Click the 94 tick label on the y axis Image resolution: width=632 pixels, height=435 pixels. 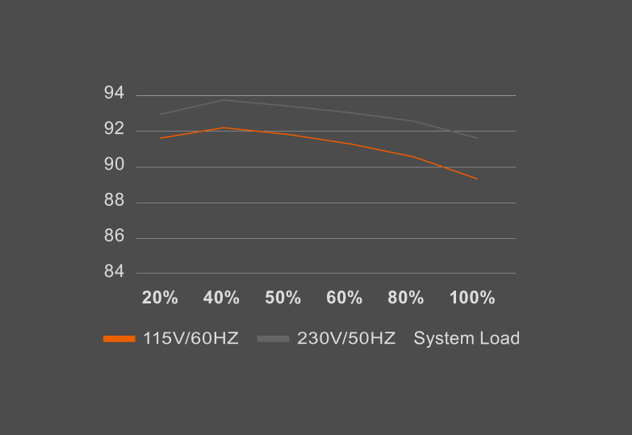[114, 94]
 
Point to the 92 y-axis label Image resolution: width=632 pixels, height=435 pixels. [114, 129]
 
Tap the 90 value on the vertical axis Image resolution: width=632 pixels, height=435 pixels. [114, 165]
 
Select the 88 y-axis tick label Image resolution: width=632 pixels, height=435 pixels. [114, 201]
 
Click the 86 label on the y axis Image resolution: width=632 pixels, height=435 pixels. [114, 236]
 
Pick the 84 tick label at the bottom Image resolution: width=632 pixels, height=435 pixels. [114, 272]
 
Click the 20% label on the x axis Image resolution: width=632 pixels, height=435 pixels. [160, 298]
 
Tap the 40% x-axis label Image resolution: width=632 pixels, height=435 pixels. [221, 298]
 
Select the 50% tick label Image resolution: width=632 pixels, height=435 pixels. [283, 298]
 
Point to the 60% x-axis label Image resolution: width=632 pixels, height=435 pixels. [344, 298]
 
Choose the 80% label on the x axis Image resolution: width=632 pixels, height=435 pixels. [405, 298]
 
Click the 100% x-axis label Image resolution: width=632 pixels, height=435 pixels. [471, 298]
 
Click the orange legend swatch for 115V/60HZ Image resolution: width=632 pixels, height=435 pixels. [119, 339]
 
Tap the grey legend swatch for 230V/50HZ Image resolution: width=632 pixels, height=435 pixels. [273, 339]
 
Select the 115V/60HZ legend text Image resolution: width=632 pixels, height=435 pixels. [190, 339]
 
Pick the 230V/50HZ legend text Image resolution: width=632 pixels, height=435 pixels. [346, 339]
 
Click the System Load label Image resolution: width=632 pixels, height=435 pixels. [467, 339]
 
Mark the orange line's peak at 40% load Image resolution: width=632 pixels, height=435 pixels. [223, 128]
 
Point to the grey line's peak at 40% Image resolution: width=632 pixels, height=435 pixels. [223, 100]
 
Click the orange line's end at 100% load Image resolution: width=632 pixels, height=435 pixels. [478, 178]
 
